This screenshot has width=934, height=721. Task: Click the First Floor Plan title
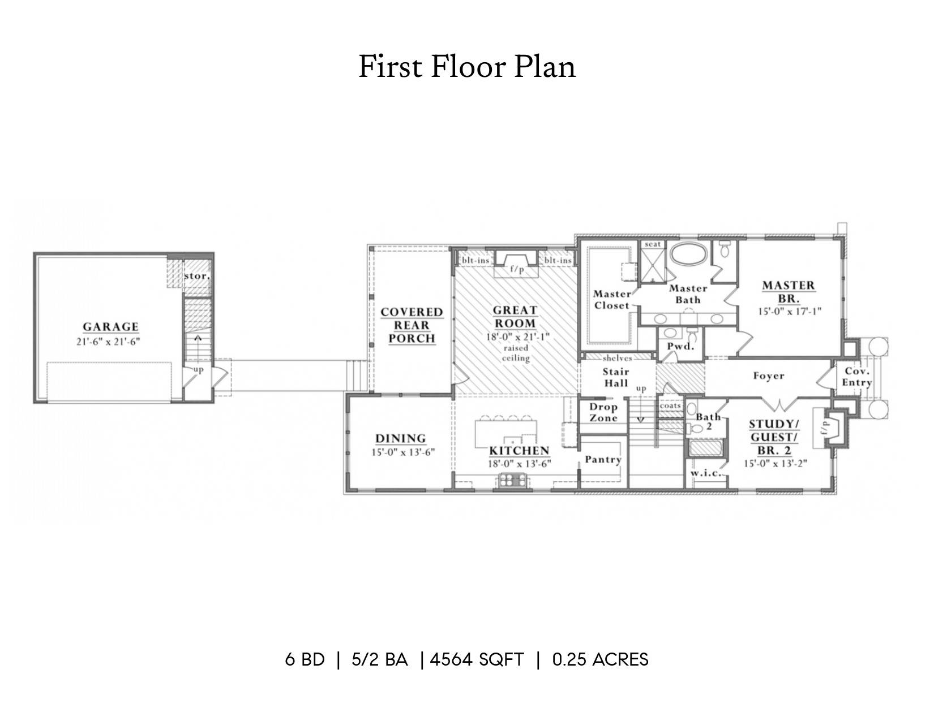click(x=467, y=67)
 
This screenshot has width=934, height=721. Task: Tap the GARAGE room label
click(x=110, y=327)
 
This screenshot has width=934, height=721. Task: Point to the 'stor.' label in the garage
click(x=197, y=276)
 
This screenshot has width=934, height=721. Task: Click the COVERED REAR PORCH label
click(x=412, y=325)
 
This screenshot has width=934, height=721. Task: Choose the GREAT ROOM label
click(x=515, y=317)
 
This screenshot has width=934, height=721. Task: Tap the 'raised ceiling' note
click(x=516, y=353)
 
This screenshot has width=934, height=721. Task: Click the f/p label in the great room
click(x=517, y=270)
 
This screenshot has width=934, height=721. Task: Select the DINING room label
click(x=401, y=438)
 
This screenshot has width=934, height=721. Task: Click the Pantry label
click(x=603, y=460)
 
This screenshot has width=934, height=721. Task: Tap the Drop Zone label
click(x=603, y=412)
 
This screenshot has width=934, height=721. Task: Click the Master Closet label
click(x=612, y=300)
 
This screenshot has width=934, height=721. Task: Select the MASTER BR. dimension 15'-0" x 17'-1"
click(x=789, y=311)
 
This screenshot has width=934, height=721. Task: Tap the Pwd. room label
click(x=681, y=347)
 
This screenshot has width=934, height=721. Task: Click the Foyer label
click(x=769, y=376)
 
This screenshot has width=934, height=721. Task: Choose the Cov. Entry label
click(x=856, y=377)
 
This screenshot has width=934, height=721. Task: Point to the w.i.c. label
click(x=706, y=473)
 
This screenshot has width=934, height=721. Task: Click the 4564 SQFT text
click(x=477, y=659)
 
